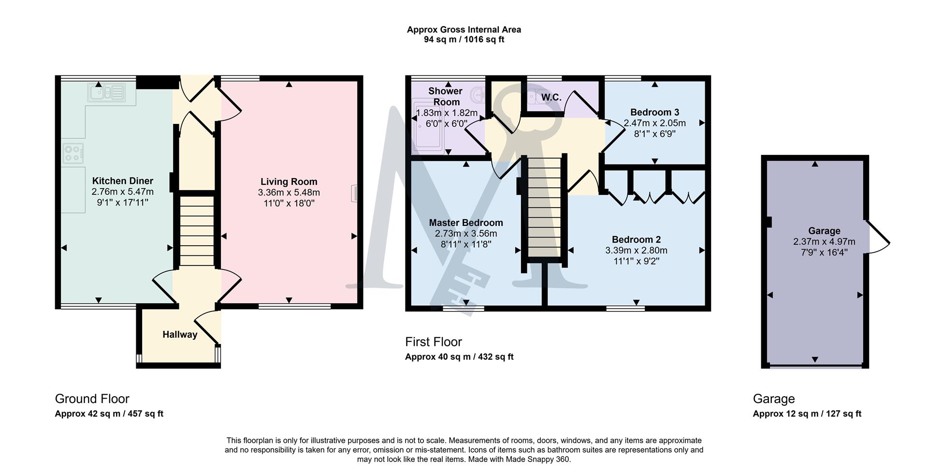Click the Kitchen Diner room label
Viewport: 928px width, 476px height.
point(122,181)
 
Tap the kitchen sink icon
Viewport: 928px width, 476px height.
point(106,92)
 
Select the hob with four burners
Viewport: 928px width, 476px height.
point(73,153)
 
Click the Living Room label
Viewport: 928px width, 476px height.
point(289,182)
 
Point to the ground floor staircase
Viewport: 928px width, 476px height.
point(197,230)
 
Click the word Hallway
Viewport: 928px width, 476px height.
point(180,335)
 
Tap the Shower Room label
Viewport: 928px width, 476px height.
point(446,96)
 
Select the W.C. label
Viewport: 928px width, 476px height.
point(551,98)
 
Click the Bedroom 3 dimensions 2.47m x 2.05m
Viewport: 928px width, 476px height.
point(654,123)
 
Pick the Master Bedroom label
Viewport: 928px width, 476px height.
point(466,223)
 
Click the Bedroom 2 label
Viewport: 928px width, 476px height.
point(636,239)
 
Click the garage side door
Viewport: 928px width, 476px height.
point(878,237)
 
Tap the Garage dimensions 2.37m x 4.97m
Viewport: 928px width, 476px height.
point(824,242)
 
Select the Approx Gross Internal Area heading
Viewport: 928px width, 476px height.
point(464,30)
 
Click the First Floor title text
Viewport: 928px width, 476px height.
point(433,342)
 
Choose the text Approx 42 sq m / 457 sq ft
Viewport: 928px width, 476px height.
point(109,414)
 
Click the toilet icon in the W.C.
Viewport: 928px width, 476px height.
point(534,97)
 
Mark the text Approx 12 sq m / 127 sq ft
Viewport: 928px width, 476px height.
point(807,414)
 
